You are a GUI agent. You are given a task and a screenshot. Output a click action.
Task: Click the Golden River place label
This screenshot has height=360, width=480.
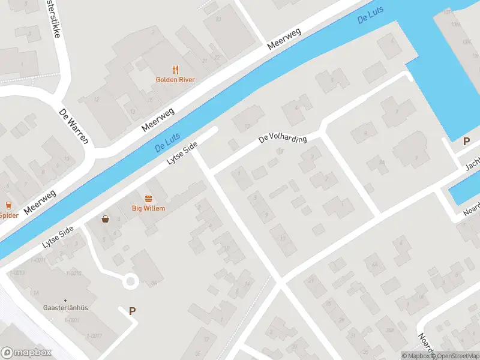pos(175,79)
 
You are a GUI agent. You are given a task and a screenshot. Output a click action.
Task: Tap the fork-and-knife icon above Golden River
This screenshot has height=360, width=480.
pos(175,70)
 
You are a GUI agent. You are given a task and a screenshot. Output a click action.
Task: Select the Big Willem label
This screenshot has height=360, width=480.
pos(148,208)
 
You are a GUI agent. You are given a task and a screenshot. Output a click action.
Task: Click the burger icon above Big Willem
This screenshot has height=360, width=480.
pos(148,198)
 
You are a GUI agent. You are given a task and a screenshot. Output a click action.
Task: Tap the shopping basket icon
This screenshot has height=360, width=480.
pos(106,218)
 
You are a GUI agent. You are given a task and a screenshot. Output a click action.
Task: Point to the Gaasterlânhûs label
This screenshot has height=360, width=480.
pos(65,307)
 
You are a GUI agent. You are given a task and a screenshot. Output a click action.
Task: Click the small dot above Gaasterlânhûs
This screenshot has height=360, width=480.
pos(65,300)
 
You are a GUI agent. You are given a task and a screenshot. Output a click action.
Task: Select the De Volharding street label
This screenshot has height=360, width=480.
pos(283,139)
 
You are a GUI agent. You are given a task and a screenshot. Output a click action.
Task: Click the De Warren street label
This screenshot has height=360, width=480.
pos(74,127)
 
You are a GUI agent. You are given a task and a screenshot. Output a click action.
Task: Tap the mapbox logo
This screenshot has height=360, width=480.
pos(26,353)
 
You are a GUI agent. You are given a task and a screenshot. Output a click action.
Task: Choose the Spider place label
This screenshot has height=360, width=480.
pos(8,215)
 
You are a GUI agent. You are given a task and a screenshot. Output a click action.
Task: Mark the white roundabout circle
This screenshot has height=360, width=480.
pos(130,281)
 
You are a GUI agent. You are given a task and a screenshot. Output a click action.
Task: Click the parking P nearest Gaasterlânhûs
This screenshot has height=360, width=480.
pos(132,311)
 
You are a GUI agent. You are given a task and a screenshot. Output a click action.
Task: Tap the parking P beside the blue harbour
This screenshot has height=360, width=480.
pos(466,142)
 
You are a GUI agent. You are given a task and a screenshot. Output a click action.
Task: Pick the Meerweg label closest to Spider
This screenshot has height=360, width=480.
pos(40,202)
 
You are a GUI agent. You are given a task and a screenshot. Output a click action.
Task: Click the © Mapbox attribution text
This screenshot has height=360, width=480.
pos(415,356)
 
